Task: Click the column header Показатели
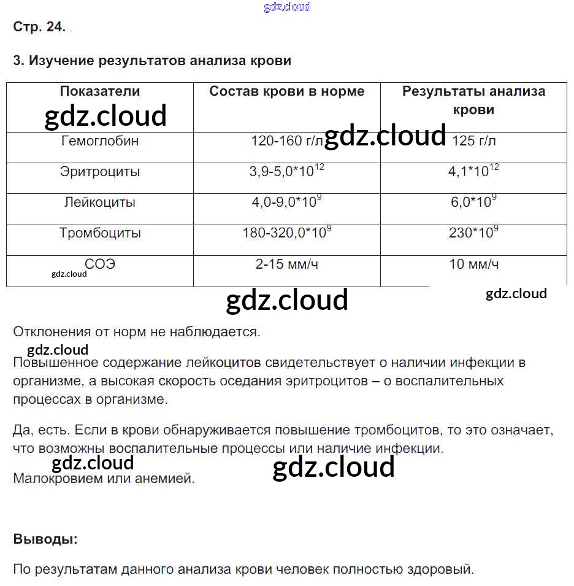[100, 91]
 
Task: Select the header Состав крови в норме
[286, 91]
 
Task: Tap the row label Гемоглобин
[100, 141]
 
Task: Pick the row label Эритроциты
[100, 172]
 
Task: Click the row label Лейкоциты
[100, 202]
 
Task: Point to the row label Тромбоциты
[100, 233]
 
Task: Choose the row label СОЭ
[100, 264]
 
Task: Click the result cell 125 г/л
[473, 141]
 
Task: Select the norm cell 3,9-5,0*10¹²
[286, 172]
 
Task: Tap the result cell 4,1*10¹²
[473, 172]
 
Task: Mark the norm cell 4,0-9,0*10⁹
[286, 202]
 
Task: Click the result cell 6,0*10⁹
[473, 202]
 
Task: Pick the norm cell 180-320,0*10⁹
[286, 233]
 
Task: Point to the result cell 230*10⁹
[473, 233]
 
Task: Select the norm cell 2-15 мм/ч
[286, 264]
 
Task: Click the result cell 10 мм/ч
[473, 264]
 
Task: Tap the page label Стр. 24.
[39, 28]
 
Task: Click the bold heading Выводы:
[45, 539]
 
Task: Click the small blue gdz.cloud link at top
[287, 7]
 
